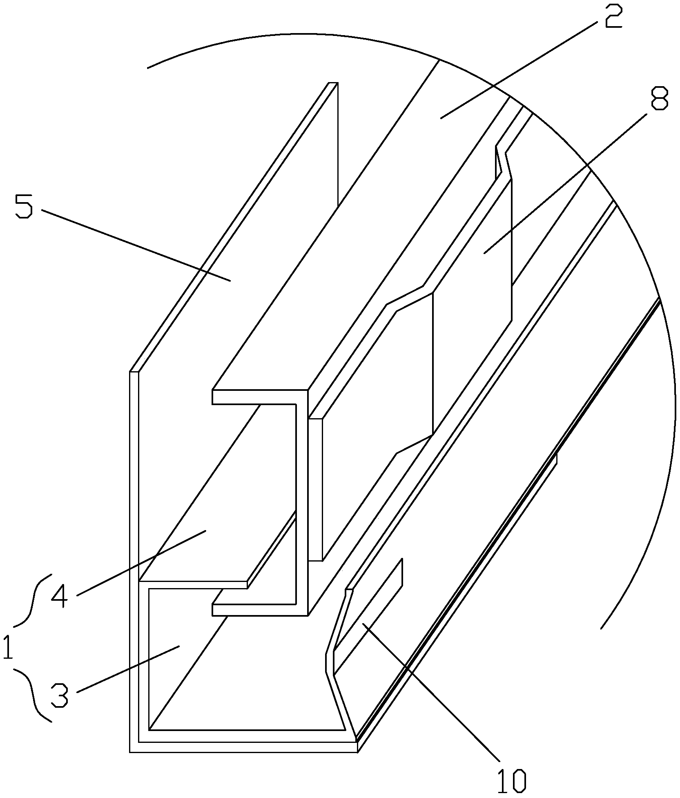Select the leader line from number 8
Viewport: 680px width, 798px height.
(x=565, y=184)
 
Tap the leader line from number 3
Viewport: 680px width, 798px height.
(x=127, y=669)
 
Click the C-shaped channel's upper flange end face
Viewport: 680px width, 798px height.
(x=260, y=397)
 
